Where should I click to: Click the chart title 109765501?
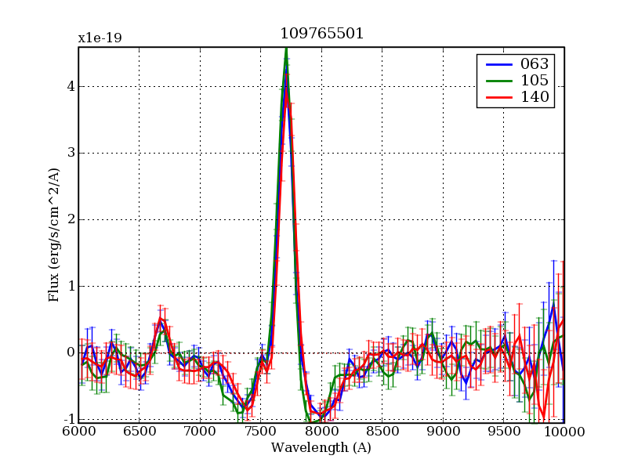click(321, 34)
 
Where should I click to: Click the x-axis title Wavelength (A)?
click(321, 448)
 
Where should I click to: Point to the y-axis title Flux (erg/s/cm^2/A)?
click(54, 235)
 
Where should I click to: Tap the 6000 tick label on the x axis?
click(78, 432)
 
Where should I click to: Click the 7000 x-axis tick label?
click(200, 432)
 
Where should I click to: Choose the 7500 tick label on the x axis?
click(260, 432)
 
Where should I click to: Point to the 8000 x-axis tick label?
click(321, 432)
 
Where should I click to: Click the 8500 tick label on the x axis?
click(382, 432)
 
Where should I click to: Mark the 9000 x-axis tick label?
click(443, 432)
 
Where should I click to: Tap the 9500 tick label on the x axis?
click(503, 432)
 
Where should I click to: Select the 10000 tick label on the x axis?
click(564, 432)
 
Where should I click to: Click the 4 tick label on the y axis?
click(70, 87)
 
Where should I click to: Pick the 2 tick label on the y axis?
click(70, 220)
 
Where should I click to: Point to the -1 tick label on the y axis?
click(67, 419)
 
